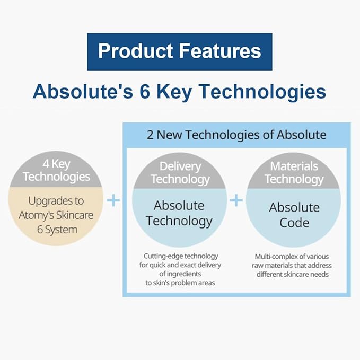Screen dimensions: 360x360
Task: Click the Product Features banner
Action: click(179, 51)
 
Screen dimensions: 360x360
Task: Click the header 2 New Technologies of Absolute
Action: click(236, 135)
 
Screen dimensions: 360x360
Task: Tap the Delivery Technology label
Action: click(180, 173)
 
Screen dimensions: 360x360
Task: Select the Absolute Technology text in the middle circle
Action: click(180, 213)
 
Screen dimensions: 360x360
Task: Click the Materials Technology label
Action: click(294, 173)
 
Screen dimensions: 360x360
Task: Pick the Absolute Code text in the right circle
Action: click(294, 214)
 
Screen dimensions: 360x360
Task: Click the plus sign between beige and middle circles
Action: click(113, 200)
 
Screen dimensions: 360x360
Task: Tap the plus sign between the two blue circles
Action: click(236, 200)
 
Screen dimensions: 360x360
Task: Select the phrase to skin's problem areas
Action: click(180, 283)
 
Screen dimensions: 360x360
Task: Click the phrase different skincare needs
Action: click(293, 274)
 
